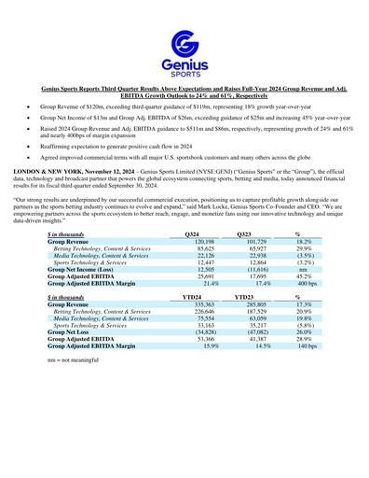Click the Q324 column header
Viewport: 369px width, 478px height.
point(192,232)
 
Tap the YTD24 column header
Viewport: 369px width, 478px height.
point(193,296)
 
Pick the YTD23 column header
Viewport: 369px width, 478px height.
point(245,296)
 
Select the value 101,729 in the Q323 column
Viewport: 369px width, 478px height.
point(247,241)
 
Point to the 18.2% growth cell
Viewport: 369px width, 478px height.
point(304,241)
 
